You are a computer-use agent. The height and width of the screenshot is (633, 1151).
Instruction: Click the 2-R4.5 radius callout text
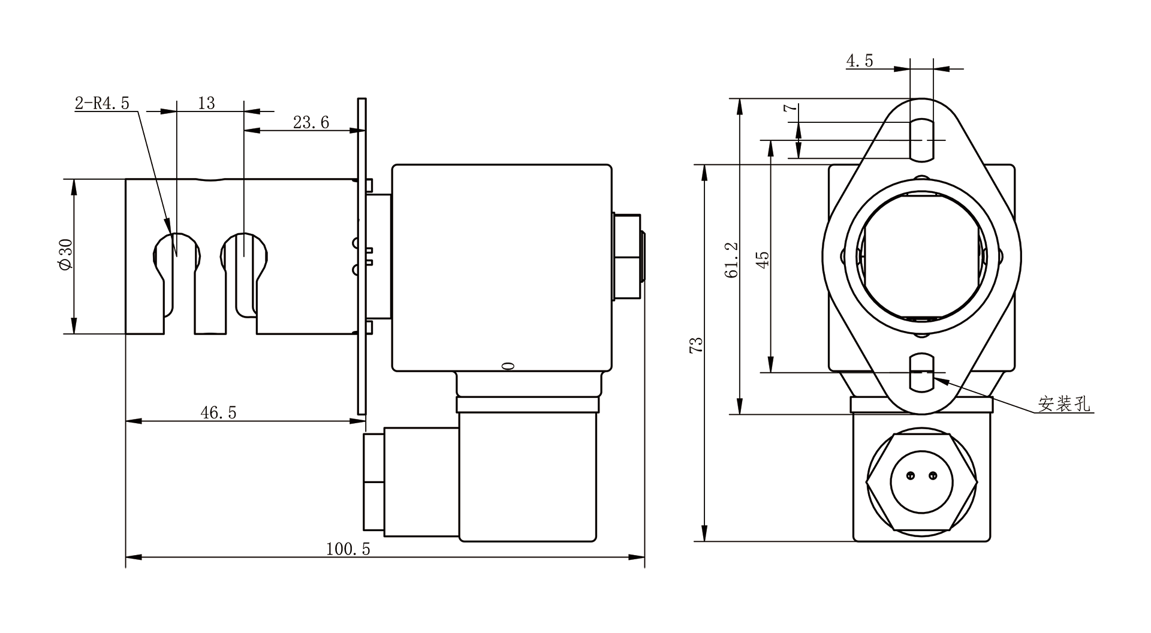102,103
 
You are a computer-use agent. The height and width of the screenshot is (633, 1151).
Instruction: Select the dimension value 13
206,103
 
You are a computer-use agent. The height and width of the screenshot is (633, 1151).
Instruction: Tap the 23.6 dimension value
311,122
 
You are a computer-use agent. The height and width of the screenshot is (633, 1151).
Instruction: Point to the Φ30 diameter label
65,255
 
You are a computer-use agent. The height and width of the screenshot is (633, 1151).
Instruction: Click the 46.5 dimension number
218,412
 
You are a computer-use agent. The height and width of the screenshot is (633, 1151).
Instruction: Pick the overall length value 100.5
348,549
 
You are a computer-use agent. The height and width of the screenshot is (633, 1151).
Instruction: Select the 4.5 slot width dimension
860,61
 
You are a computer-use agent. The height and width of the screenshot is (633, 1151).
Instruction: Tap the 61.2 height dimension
731,260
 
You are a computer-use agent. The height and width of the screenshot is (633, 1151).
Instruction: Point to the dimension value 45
762,260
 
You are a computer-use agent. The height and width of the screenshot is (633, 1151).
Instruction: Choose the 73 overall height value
696,345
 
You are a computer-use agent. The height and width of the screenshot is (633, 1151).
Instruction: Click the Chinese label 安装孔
1064,404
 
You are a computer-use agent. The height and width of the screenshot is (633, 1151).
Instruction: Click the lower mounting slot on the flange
922,373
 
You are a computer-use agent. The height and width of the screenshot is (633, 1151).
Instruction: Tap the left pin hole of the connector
911,476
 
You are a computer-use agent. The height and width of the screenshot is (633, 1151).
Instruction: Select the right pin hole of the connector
932,476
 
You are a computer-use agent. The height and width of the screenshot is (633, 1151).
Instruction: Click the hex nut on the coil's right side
627,255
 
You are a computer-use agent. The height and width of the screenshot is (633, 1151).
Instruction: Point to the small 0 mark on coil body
508,366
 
